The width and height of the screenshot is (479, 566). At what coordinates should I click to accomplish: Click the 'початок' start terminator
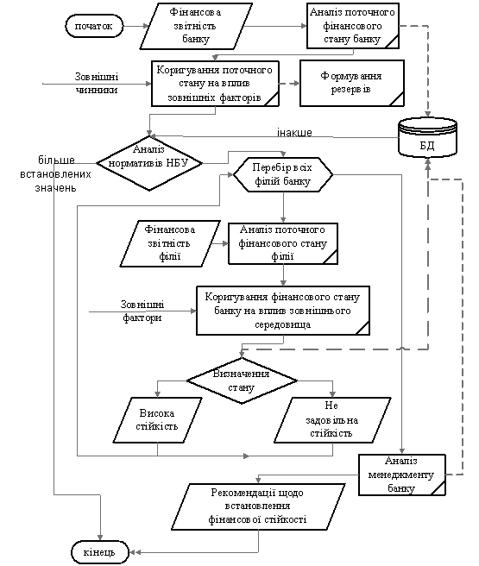94,26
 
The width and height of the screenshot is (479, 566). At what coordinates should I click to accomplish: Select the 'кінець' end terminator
100,552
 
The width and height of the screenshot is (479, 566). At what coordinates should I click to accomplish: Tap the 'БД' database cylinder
428,137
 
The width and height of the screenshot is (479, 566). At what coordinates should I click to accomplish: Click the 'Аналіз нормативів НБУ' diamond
149,163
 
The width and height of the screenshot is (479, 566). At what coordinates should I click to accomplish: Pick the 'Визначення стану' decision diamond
242,380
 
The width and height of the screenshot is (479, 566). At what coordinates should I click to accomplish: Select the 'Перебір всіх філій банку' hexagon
283,174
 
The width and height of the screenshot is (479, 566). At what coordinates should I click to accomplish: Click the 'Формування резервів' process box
352,84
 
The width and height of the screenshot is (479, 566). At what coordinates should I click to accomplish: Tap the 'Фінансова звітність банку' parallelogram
196,26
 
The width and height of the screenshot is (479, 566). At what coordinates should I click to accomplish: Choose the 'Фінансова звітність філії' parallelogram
170,243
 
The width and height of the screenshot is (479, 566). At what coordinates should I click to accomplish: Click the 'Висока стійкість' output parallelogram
157,420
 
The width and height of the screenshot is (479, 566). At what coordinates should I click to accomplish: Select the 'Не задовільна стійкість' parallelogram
332,420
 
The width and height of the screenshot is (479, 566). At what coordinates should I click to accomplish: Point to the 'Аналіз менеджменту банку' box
402,475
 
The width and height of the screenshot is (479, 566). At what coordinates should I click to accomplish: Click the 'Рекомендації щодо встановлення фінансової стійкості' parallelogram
258,506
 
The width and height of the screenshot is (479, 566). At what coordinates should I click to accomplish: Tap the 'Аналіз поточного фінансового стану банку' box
353,26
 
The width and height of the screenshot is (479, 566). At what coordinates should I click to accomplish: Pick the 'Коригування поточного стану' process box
215,84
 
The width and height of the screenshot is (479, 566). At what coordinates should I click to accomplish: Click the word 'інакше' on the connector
294,133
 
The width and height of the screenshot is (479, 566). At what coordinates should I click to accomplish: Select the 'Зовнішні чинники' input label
97,84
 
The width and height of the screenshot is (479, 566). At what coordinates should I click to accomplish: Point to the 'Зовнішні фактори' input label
142,311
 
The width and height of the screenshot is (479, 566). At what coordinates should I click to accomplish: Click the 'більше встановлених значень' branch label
55,174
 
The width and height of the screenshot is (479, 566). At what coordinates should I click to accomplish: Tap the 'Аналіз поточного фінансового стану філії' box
283,243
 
